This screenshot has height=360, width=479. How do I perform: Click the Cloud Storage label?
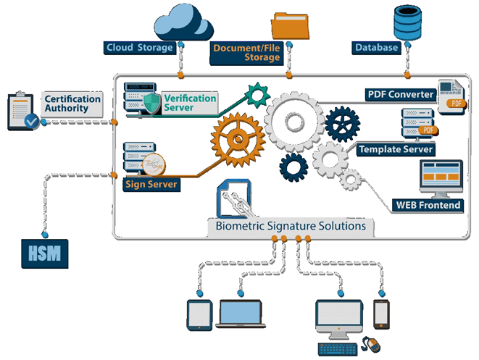[140, 48]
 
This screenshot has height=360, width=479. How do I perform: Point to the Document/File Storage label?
[247, 53]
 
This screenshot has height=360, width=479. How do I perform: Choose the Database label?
[376, 48]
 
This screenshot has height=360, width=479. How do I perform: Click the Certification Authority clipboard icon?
[22, 111]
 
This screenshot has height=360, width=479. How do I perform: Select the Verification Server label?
[190, 103]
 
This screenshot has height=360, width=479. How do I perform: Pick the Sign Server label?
[151, 184]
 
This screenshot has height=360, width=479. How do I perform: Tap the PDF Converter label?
[399, 95]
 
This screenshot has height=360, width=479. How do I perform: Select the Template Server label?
[396, 149]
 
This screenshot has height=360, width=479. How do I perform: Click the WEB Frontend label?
[428, 205]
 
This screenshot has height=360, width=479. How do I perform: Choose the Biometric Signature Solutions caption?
[291, 226]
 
